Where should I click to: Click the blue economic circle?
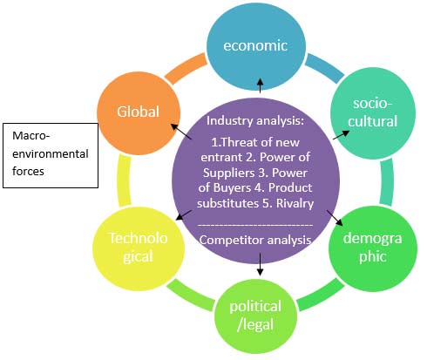[256, 45]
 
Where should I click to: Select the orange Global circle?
[139, 113]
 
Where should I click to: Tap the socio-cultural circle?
[373, 113]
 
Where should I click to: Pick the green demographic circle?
[373, 248]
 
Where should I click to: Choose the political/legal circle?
[255, 316]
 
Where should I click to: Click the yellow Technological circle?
[139, 248]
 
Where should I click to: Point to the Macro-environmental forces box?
[51, 155]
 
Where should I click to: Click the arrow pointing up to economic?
[261, 85]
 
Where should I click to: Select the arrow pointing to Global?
[181, 132]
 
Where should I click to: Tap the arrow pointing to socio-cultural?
[342, 135]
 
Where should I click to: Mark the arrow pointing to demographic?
[335, 218]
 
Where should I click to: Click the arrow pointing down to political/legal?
[260, 264]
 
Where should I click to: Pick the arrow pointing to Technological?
[184, 215]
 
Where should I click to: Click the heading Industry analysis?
[255, 120]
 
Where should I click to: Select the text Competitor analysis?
[255, 241]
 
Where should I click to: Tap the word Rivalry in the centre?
[295, 203]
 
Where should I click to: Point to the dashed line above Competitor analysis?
[255, 225]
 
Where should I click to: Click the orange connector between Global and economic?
[186, 69]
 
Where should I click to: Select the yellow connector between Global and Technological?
[124, 180]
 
